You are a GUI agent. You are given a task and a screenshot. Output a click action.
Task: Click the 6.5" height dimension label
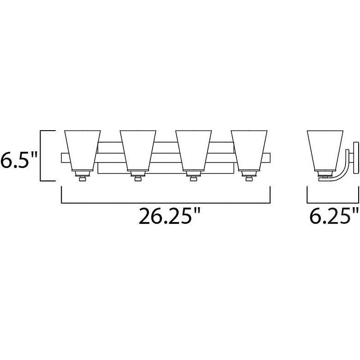18,160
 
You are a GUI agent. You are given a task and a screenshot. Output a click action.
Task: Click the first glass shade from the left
83,150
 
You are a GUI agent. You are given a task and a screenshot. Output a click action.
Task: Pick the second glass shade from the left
138,150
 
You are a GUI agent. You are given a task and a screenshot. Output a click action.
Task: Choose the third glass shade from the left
193,150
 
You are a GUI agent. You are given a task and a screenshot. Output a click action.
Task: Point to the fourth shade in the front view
249,150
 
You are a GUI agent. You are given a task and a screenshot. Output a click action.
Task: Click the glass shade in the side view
325,150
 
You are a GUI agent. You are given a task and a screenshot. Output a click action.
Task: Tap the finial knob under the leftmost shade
83,179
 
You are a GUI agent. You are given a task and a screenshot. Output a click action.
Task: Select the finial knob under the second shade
138,179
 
